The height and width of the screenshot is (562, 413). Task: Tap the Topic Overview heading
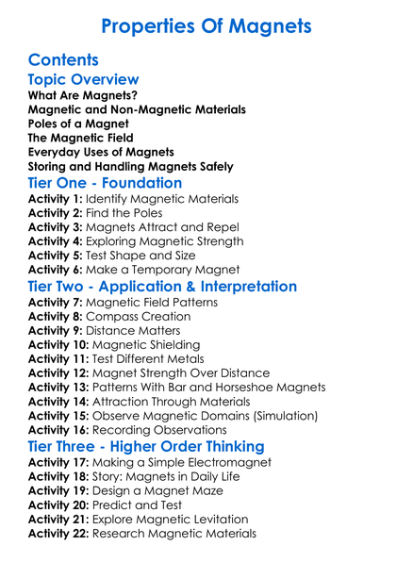83,80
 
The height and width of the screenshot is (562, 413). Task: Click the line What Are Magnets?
80,95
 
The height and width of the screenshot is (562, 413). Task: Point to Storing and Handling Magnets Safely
130,166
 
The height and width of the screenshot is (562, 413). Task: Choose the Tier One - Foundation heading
105,183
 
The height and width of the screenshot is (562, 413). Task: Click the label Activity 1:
55,199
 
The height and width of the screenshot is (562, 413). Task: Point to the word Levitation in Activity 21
216,520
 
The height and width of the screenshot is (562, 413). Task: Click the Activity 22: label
58,534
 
